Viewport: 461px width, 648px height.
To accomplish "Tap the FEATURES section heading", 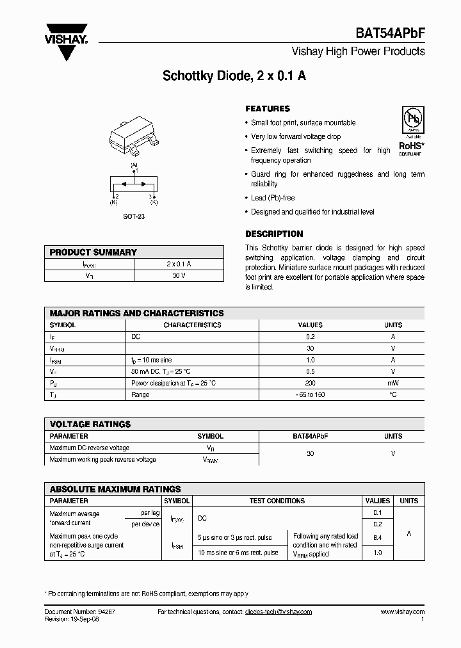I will pos(268,109).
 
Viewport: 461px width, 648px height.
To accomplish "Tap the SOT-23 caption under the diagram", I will pos(134,216).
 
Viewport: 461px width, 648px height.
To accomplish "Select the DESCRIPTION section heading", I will pos(274,234).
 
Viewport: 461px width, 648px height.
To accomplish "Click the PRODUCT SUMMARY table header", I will pos(93,252).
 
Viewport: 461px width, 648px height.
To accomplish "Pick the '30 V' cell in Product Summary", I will pos(179,275).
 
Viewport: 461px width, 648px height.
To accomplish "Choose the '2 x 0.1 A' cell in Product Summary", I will pos(179,264).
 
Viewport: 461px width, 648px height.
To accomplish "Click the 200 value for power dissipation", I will pos(311,383).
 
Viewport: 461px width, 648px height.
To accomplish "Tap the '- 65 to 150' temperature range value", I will pos(311,394).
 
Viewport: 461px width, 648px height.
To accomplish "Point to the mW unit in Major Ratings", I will pos(392,383).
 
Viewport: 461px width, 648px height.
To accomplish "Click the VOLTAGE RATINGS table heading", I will pos(90,424).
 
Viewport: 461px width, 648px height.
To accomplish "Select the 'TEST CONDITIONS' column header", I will pos(277,501).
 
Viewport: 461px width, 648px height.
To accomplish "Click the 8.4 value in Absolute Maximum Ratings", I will pos(376,538).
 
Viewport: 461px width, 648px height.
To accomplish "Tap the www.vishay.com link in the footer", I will pos(402,612).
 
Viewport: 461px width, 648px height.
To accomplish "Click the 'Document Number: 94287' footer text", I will pos(80,612).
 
